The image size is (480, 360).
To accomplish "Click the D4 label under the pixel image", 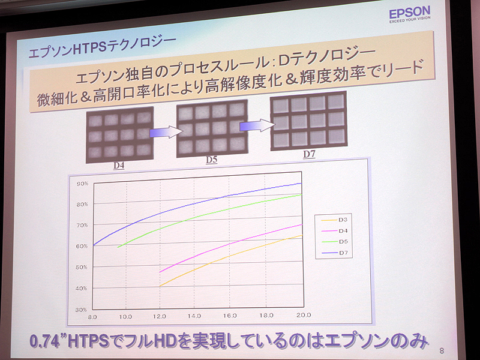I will pyautogui.click(x=118, y=164).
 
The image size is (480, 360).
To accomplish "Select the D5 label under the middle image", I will pyautogui.click(x=211, y=159).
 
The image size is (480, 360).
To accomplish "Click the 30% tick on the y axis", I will pyautogui.click(x=81, y=309).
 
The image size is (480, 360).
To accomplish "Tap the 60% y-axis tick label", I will pyautogui.click(x=81, y=246).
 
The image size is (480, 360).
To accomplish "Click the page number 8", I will pyautogui.click(x=442, y=350).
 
